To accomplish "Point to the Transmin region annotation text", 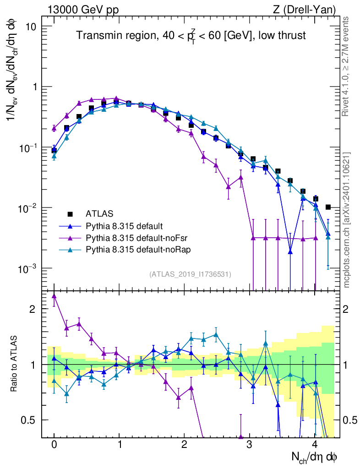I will tap(191, 36).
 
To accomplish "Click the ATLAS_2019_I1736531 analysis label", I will tap(190, 274).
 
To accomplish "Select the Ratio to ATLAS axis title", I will tap(15, 364).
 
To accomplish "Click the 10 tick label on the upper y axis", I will tap(31, 26).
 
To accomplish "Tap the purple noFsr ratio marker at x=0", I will tap(54, 296).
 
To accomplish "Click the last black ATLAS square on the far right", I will tap(328, 207).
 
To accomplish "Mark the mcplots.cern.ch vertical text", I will tap(347, 220).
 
